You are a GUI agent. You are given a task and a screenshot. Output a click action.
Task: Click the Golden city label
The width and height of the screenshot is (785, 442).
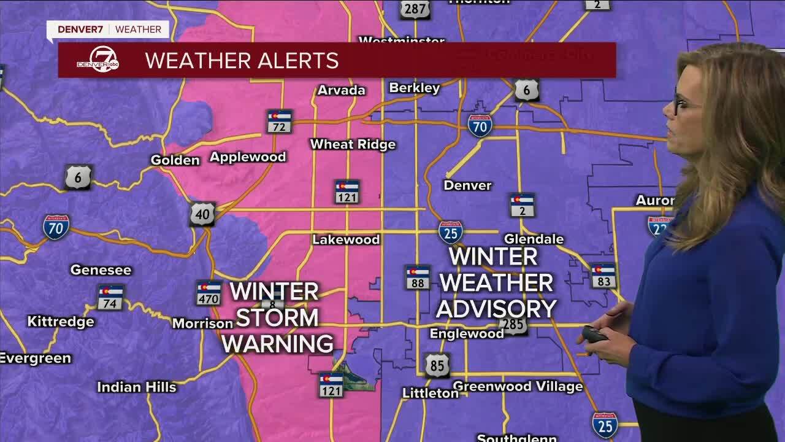tap(175, 160)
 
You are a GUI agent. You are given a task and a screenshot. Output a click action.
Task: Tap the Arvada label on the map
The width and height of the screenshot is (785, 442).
tap(341, 90)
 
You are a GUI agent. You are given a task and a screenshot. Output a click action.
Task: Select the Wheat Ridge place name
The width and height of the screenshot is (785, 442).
tap(353, 144)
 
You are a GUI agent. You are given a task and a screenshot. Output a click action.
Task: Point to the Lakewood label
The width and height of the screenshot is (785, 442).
tap(346, 239)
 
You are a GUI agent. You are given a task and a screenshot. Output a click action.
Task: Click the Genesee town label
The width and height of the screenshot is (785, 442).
tap(101, 269)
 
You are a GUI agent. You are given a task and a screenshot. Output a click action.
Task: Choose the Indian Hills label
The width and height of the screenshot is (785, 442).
tap(137, 387)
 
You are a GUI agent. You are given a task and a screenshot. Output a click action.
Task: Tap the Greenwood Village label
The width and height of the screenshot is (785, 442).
tap(518, 386)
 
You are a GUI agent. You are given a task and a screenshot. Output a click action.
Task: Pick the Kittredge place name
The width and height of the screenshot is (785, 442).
tap(61, 321)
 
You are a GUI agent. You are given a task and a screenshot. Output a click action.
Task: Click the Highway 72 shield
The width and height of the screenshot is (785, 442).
tap(280, 122)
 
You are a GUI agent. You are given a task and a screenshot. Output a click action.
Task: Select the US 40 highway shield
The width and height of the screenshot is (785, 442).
tap(202, 214)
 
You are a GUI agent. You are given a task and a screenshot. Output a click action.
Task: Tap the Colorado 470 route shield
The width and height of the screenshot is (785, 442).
tap(209, 293)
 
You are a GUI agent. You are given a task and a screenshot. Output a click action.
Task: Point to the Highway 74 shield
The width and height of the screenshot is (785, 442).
tap(110, 297)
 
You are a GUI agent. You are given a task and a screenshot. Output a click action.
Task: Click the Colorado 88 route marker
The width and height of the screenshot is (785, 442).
tap(418, 277)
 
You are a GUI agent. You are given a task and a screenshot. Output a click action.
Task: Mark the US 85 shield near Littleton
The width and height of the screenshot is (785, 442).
tap(437, 365)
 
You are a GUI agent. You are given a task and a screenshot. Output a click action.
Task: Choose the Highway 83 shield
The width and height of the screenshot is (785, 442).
tap(603, 276)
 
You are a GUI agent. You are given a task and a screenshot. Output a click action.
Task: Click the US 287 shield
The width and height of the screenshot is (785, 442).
tap(415, 9)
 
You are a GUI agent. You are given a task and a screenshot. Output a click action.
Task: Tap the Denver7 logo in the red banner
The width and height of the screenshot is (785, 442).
tap(98, 61)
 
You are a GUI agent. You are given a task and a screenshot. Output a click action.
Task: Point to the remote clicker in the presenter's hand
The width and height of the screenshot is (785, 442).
tap(595, 335)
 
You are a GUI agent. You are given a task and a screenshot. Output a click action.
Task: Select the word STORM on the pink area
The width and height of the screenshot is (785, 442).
tap(277, 318)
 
